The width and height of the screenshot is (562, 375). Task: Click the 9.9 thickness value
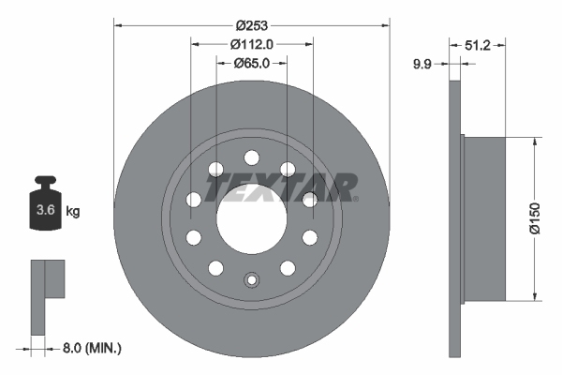tap(424, 64)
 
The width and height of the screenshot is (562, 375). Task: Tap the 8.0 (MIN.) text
tap(91, 348)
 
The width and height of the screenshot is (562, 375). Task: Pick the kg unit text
tap(73, 212)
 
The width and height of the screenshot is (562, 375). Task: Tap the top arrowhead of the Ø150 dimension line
tap(533, 142)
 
